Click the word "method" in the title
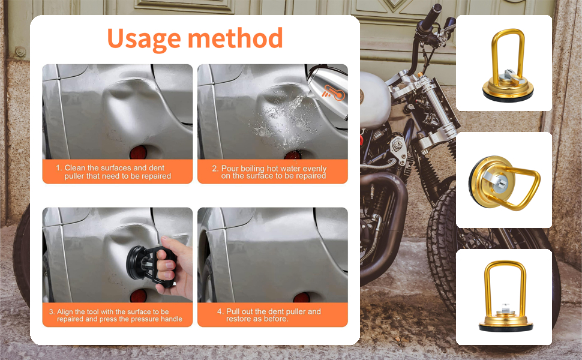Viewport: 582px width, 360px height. pyautogui.click(x=235, y=38)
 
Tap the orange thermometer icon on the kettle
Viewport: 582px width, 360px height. pyautogui.click(x=334, y=92)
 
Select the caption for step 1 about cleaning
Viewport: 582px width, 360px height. pyautogui.click(x=113, y=172)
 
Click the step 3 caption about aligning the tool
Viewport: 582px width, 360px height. pyautogui.click(x=115, y=315)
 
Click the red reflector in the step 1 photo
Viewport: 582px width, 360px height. pyautogui.click(x=139, y=152)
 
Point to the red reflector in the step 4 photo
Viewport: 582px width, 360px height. pyautogui.click(x=301, y=297)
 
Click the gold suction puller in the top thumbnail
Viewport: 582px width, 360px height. pyautogui.click(x=508, y=66)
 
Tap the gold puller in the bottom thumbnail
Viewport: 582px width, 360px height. pyautogui.click(x=506, y=297)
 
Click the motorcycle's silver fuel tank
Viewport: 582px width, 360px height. pyautogui.click(x=374, y=100)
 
